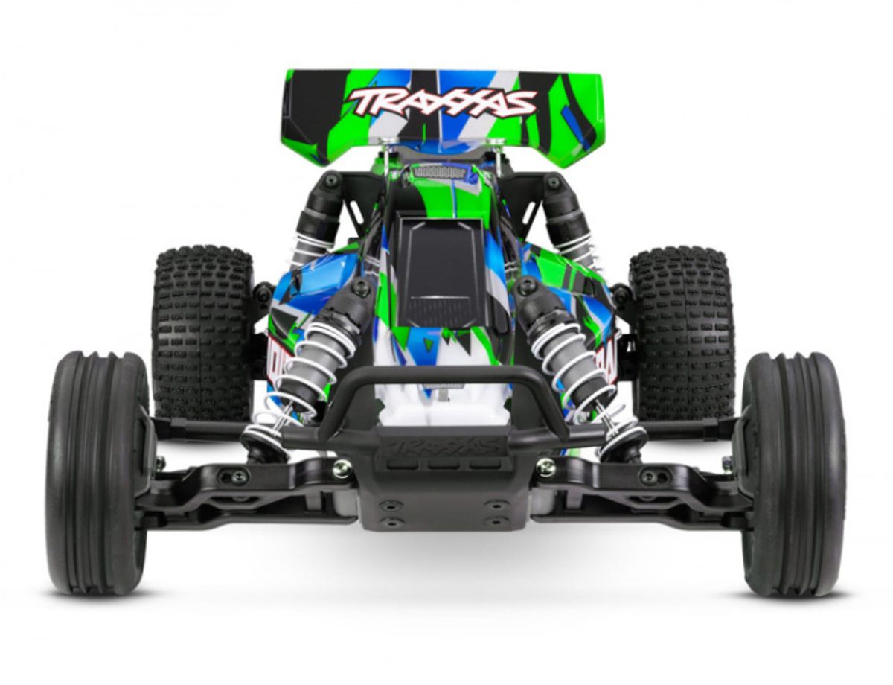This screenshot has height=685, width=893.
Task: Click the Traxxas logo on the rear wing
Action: click(x=442, y=103)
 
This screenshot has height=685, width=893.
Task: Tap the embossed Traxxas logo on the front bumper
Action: click(x=444, y=447)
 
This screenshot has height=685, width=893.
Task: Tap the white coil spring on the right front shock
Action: click(x=573, y=365)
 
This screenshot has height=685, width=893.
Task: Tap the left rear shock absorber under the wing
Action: click(x=316, y=216)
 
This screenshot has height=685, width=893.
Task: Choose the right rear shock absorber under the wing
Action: click(x=569, y=216)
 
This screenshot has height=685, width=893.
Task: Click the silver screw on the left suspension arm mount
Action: click(x=342, y=468)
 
